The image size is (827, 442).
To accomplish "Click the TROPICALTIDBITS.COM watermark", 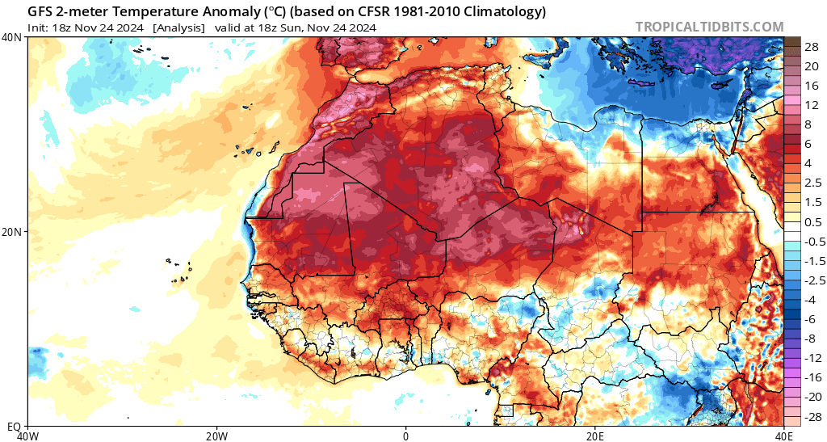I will tap(709, 27).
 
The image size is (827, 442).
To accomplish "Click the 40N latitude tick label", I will tap(12, 37).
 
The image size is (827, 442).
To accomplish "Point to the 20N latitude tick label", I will tap(12, 231).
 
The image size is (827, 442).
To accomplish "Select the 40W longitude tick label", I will tap(28, 435).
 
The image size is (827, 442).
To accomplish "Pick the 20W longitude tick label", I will tap(216, 435).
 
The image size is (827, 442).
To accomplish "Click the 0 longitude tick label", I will tap(406, 435).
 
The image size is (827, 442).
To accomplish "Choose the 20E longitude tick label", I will tap(595, 435).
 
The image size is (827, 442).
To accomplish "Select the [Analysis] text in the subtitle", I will tap(178, 27).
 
